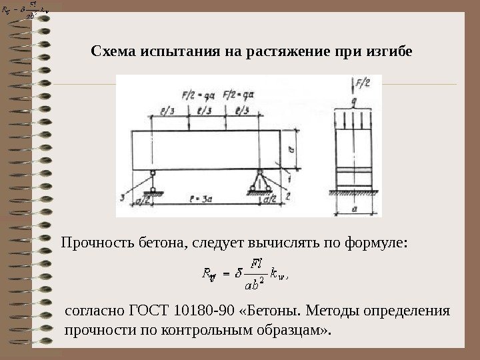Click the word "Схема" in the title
111,51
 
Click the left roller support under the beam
153,182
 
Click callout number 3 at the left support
123,197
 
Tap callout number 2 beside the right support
289,197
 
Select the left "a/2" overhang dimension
141,199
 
